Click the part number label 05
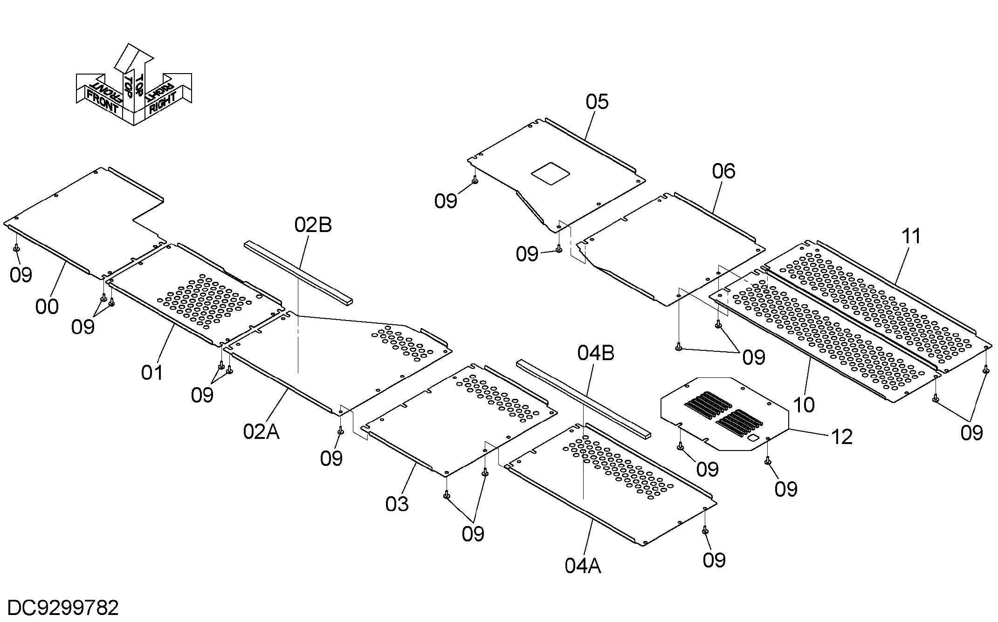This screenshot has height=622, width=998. pos(597,102)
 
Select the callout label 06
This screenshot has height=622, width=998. pos(723,171)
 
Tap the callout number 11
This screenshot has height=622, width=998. pos(911,236)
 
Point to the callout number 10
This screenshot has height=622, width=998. pos(804,405)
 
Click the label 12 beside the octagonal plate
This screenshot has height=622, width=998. pos(841,437)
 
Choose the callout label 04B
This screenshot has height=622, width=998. pos(596,353)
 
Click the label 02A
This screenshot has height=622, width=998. pos(261,432)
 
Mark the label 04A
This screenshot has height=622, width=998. pos(583,566)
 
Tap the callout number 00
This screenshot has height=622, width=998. pos(47,307)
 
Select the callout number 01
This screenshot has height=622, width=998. pos(152,372)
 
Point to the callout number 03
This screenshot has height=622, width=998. pos(397,504)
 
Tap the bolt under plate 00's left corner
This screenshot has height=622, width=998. pos(16,248)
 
